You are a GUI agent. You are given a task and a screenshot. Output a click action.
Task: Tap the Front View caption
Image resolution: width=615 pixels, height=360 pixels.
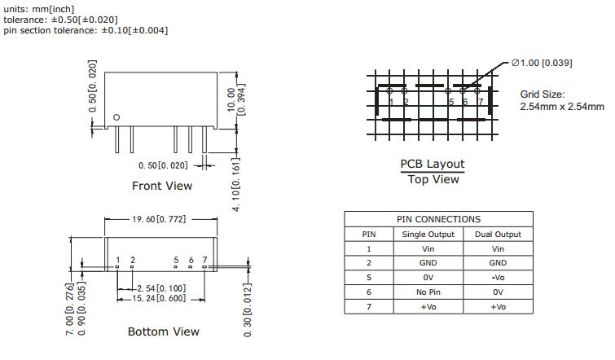pyautogui.click(x=162, y=186)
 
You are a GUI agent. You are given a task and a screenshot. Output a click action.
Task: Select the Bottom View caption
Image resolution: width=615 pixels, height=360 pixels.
pyautogui.click(x=163, y=331)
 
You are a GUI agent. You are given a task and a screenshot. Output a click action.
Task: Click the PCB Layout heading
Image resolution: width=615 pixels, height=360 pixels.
pyautogui.click(x=433, y=164)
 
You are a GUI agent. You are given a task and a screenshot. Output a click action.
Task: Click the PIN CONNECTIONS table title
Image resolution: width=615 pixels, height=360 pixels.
pyautogui.click(x=438, y=219)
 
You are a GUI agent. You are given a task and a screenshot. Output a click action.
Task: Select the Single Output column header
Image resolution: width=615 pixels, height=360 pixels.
pyautogui.click(x=428, y=235)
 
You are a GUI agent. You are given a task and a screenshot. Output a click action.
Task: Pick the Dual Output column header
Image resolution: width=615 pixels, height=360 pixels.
pyautogui.click(x=497, y=235)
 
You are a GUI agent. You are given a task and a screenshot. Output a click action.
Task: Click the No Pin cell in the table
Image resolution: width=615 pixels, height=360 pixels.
pyautogui.click(x=428, y=292)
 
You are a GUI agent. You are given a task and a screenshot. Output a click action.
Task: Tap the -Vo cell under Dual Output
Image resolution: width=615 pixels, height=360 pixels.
pyautogui.click(x=497, y=278)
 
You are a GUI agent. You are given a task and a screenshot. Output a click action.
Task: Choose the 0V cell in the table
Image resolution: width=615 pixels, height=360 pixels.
pyautogui.click(x=428, y=278)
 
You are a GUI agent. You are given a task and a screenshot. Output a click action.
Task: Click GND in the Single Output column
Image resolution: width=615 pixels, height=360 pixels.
pyautogui.click(x=428, y=263)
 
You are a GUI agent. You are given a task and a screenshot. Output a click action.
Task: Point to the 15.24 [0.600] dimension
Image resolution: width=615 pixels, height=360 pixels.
pyautogui.click(x=160, y=298)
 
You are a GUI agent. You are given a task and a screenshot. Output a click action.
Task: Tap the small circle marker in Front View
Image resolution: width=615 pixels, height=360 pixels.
pyautogui.click(x=117, y=116)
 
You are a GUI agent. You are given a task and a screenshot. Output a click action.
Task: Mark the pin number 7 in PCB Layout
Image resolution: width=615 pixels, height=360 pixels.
pyautogui.click(x=481, y=102)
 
